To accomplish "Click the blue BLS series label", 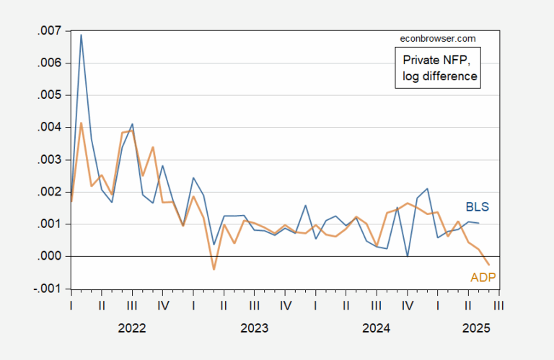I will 476,207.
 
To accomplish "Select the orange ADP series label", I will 483,277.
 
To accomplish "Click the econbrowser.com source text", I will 437,38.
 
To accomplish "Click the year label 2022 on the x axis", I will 132,328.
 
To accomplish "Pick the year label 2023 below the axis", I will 254,328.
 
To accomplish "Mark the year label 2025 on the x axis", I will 476,328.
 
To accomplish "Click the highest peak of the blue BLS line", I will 81,35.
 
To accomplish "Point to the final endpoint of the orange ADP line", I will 489,265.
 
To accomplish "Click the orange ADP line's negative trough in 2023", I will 214,269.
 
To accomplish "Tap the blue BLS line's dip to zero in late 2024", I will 408,256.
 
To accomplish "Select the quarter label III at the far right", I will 498,305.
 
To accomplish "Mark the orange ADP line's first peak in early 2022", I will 81,123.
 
